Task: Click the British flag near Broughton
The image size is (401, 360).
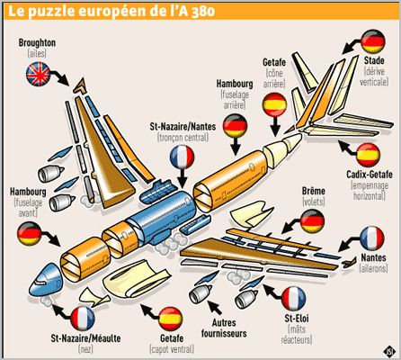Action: click(x=38, y=74)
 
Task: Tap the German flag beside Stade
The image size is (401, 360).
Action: click(x=373, y=41)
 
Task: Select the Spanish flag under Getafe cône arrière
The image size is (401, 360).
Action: click(x=274, y=104)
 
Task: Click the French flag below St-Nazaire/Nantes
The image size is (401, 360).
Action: click(x=182, y=157)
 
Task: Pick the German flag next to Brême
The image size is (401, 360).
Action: click(x=312, y=221)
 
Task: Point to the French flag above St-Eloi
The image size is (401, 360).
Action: click(x=294, y=299)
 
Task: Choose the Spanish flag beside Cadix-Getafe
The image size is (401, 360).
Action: click(x=369, y=155)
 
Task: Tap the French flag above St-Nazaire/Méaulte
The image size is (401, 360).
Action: click(x=83, y=319)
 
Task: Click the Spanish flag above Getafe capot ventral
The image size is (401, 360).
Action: click(x=171, y=319)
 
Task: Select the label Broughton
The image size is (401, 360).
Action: click(x=37, y=43)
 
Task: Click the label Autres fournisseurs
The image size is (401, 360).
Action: click(x=224, y=328)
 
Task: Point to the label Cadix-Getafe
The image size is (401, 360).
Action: click(x=370, y=175)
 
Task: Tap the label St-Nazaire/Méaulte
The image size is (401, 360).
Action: click(x=85, y=338)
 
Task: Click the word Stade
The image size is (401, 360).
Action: click(x=374, y=60)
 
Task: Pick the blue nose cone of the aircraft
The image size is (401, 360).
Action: click(x=45, y=278)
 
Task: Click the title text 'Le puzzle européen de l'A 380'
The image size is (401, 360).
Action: click(x=111, y=11)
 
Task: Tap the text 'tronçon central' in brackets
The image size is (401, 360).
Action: click(x=183, y=138)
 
